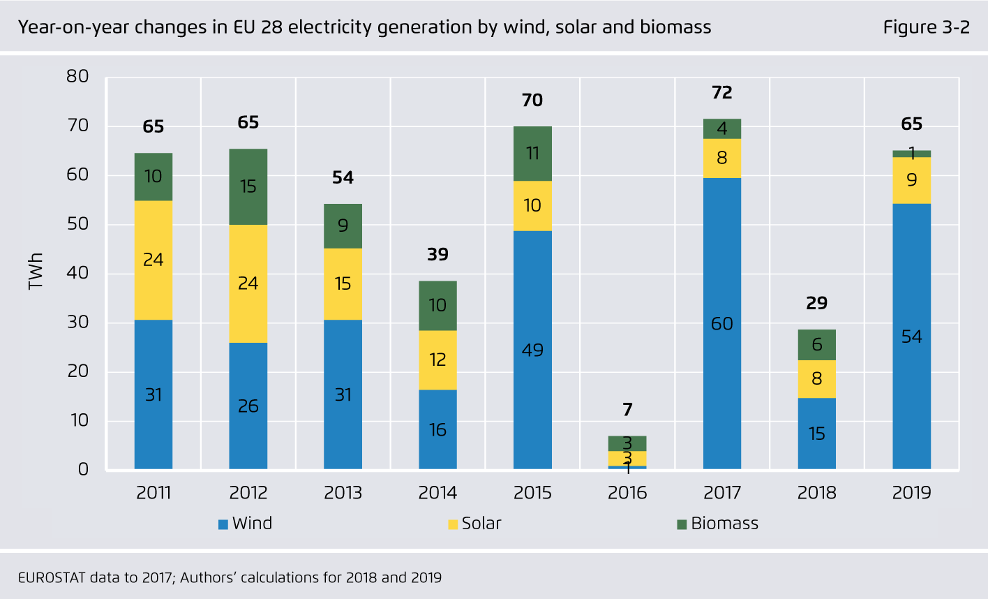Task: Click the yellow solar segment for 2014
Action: [x=437, y=360]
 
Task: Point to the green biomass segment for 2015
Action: [x=532, y=154]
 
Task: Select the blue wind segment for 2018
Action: [x=816, y=433]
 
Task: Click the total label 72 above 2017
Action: [x=721, y=93]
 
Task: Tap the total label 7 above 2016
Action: [x=627, y=409]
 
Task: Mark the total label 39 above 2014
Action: [x=437, y=255]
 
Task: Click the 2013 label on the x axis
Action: [x=343, y=493]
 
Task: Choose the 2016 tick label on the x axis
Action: [x=627, y=493]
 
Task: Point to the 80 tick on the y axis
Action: [x=77, y=76]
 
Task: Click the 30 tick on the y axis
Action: [x=77, y=322]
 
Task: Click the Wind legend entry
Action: [x=245, y=524]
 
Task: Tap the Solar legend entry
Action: [x=474, y=524]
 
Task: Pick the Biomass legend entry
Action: [x=717, y=524]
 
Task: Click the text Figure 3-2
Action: [x=926, y=27]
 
